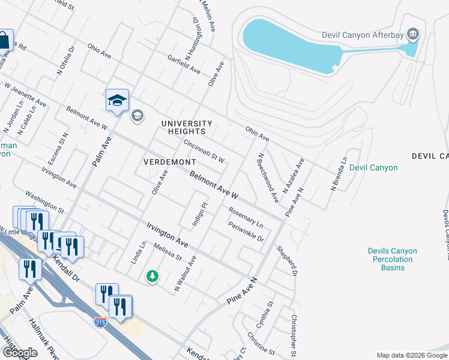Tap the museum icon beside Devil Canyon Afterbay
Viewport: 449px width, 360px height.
pyautogui.click(x=412, y=34)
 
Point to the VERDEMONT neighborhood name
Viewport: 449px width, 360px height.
pyautogui.click(x=169, y=162)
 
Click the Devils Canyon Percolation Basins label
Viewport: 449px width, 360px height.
pyautogui.click(x=390, y=259)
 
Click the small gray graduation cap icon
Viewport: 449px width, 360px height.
pyautogui.click(x=137, y=115)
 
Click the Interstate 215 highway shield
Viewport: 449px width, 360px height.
pyautogui.click(x=100, y=322)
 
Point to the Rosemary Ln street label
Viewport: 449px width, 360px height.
pyautogui.click(x=246, y=217)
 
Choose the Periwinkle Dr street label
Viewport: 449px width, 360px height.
pyautogui.click(x=246, y=232)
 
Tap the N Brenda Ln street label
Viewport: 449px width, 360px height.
pyautogui.click(x=339, y=175)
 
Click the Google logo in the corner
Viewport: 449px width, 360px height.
pyautogui.click(x=20, y=353)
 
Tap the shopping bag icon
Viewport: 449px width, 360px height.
pyautogui.click(x=4, y=41)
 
